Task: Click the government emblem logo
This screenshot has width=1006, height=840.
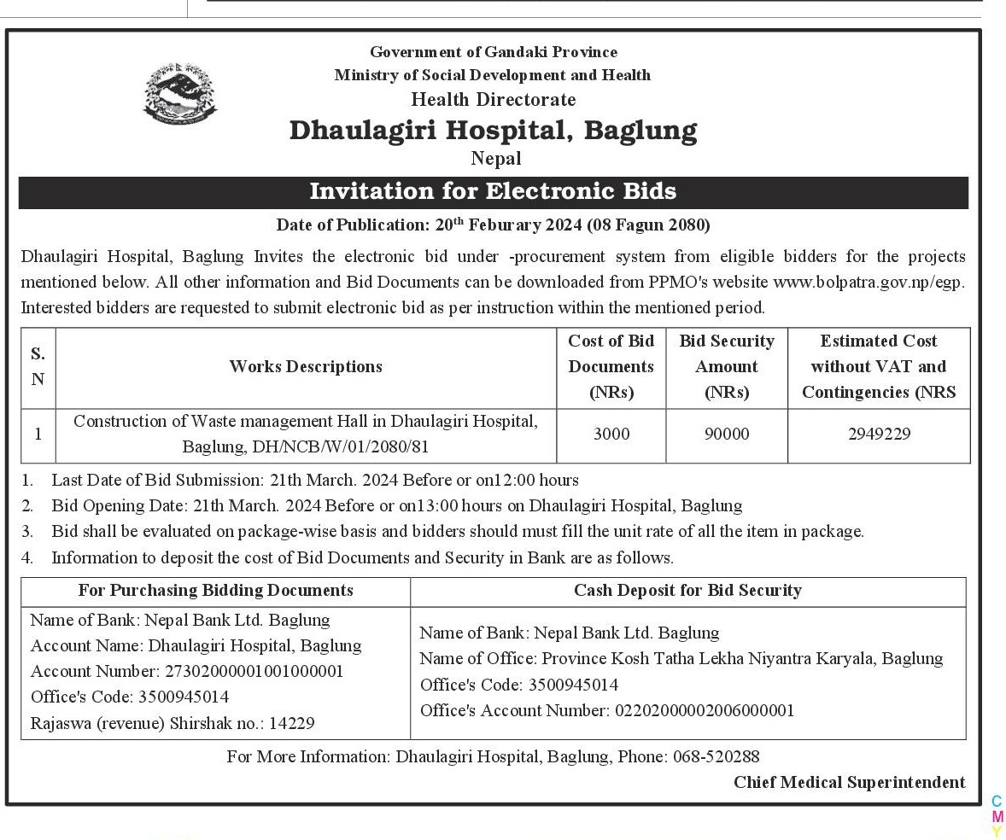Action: point(179,92)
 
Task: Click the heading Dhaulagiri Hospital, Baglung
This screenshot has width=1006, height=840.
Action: point(493,131)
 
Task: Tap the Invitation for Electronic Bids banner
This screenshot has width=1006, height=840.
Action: point(493,191)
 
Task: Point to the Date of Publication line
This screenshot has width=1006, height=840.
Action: point(493,225)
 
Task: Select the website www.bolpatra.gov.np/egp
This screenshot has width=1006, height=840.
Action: point(869,282)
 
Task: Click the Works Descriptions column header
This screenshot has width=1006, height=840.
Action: point(306,367)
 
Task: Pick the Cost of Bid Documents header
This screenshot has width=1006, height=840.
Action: point(611,367)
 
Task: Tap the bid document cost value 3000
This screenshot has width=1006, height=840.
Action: point(611,435)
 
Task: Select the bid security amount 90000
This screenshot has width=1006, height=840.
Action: point(726,435)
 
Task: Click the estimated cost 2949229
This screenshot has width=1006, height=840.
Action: point(879,435)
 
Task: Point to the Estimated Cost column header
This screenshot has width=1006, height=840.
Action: point(879,367)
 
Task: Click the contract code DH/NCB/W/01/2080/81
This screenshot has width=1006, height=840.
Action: point(348,446)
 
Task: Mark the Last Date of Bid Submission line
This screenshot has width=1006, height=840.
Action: point(314,480)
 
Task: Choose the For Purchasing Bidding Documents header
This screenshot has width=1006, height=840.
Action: point(215,591)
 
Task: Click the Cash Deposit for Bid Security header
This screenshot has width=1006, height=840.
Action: point(687,591)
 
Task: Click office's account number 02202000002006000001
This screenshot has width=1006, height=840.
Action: point(705,710)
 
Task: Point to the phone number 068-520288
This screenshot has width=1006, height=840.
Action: point(716,756)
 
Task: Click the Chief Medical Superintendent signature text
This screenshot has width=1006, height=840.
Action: point(849,783)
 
